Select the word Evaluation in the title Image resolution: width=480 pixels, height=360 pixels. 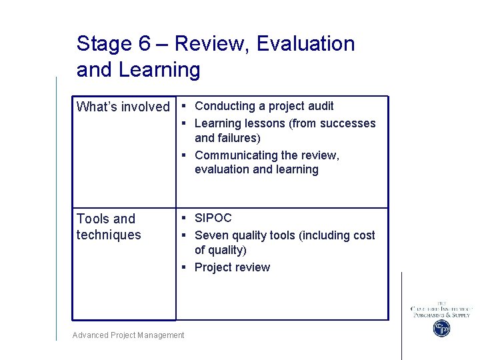pyautogui.click(x=305, y=44)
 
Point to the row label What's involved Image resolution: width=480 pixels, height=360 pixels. pyautogui.click(x=123, y=107)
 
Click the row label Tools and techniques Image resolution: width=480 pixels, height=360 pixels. pyautogui.click(x=109, y=227)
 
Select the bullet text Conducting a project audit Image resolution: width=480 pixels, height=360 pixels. pyautogui.click(x=264, y=106)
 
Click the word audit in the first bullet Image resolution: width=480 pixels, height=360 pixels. pyautogui.click(x=320, y=106)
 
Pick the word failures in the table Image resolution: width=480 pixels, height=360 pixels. pyautogui.click(x=237, y=138)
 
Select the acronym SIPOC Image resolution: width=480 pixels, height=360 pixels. pyautogui.click(x=213, y=218)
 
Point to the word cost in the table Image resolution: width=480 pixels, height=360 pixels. pyautogui.click(x=363, y=235)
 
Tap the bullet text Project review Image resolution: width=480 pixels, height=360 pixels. pyautogui.click(x=232, y=267)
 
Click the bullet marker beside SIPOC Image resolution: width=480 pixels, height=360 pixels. pyautogui.click(x=184, y=218)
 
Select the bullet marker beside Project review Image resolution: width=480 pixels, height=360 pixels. pyautogui.click(x=184, y=267)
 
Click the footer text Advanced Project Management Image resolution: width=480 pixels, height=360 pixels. pyautogui.click(x=129, y=335)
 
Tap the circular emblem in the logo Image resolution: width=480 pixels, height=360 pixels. pyautogui.click(x=441, y=328)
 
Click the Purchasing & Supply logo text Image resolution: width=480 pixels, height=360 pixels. pyautogui.click(x=441, y=315)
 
